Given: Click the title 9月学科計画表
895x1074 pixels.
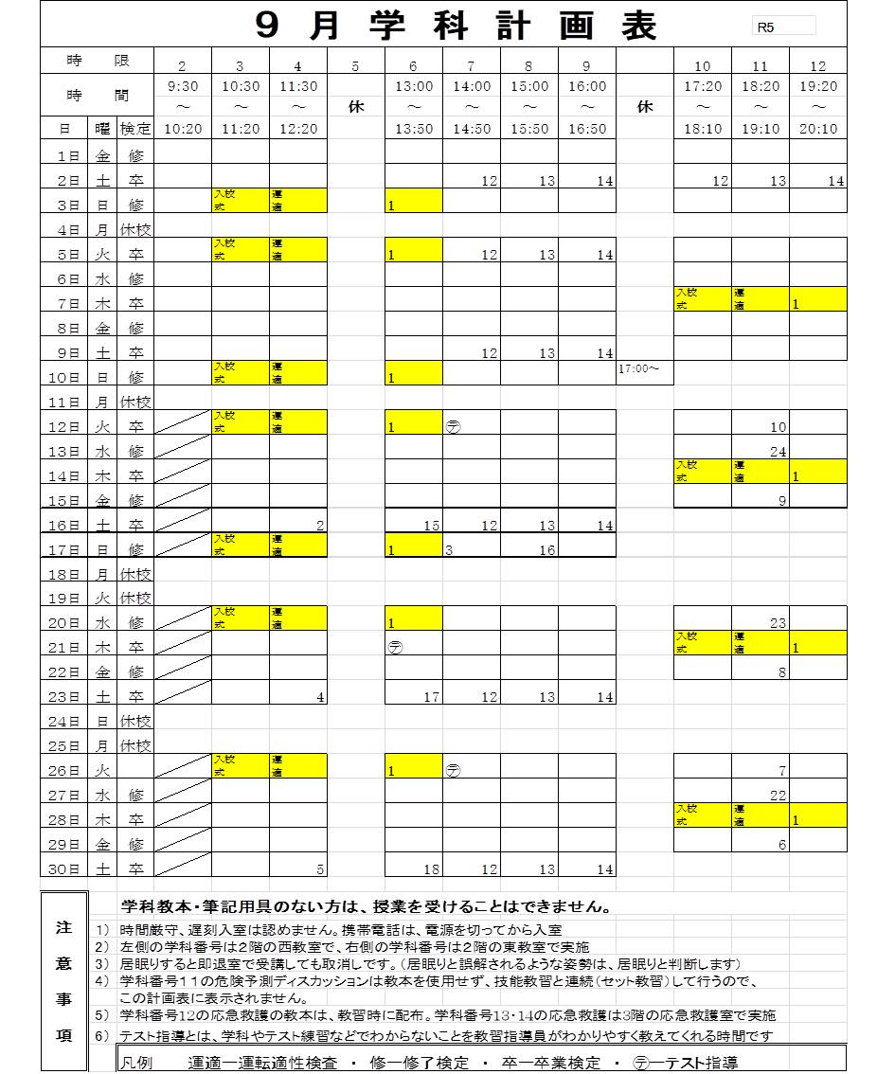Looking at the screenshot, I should pyautogui.click(x=456, y=26).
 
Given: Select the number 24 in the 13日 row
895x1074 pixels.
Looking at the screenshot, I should pyautogui.click(x=778, y=452).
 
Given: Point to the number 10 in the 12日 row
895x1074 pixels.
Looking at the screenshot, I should pyautogui.click(x=778, y=427).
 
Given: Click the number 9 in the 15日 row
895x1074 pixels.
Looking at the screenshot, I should pyautogui.click(x=782, y=501).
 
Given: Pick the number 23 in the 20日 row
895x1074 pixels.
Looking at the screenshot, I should pyautogui.click(x=778, y=623).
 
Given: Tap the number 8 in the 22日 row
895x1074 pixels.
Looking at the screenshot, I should pyautogui.click(x=782, y=672).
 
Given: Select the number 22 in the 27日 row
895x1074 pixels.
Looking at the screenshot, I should pyautogui.click(x=778, y=796).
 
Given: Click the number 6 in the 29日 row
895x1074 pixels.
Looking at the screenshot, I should pyautogui.click(x=782, y=845).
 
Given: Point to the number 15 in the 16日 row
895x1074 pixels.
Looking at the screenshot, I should pyautogui.click(x=432, y=526).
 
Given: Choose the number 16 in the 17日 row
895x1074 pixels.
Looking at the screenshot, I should pyautogui.click(x=547, y=550).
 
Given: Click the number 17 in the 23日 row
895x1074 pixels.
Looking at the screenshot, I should pyautogui.click(x=432, y=698).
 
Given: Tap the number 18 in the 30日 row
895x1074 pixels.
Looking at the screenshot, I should pyautogui.click(x=432, y=869).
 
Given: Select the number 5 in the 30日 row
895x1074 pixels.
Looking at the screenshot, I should pyautogui.click(x=321, y=869).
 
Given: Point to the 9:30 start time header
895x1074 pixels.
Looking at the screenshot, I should pyautogui.click(x=182, y=86).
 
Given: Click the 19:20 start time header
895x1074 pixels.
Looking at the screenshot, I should pyautogui.click(x=818, y=86).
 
